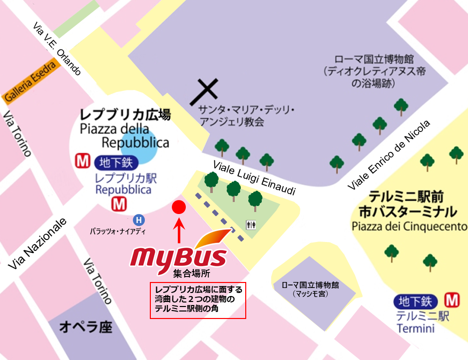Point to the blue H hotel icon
coord(139,219)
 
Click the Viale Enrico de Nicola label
coord(389,155)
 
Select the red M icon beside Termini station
coord(452,300)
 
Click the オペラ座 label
coord(85,327)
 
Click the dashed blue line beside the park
coord(220,217)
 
